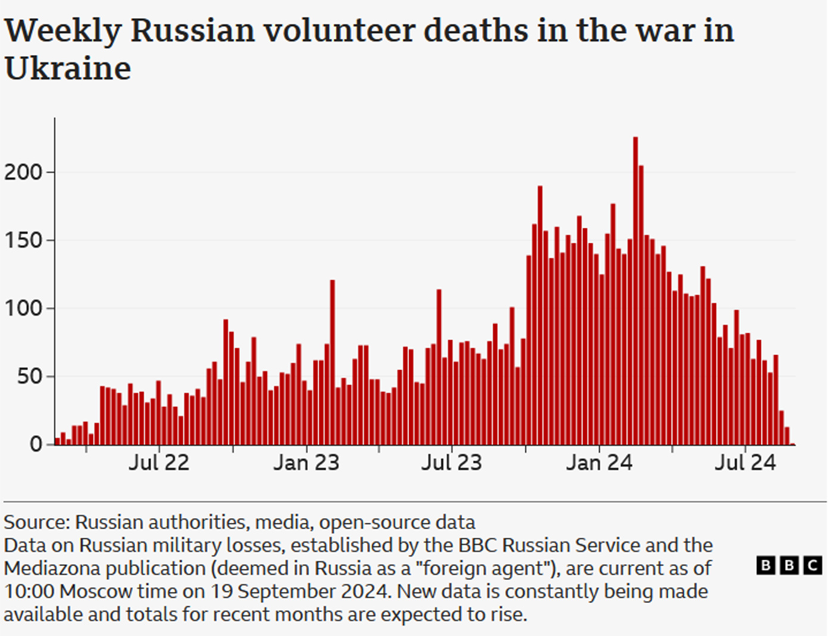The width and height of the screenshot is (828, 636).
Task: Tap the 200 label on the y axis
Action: click(24, 172)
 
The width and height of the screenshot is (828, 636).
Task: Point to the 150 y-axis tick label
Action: click(24, 240)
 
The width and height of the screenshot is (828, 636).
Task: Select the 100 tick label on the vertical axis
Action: click(24, 309)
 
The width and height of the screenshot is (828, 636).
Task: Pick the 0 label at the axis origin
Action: click(36, 444)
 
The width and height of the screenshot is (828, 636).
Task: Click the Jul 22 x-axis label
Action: click(159, 463)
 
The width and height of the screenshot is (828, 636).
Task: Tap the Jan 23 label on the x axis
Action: click(306, 463)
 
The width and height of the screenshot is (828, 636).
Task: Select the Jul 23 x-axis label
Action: click(452, 463)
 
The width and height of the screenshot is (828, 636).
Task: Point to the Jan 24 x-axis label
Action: click(599, 463)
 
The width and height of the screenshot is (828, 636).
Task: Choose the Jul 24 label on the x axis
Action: click(745, 463)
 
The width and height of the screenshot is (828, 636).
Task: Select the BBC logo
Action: click(789, 565)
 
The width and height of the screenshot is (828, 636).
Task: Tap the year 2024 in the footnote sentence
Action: click(366, 591)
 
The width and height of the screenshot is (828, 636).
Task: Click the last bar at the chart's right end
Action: click(787, 436)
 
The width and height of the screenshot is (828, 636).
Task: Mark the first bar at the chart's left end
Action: click(57, 441)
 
